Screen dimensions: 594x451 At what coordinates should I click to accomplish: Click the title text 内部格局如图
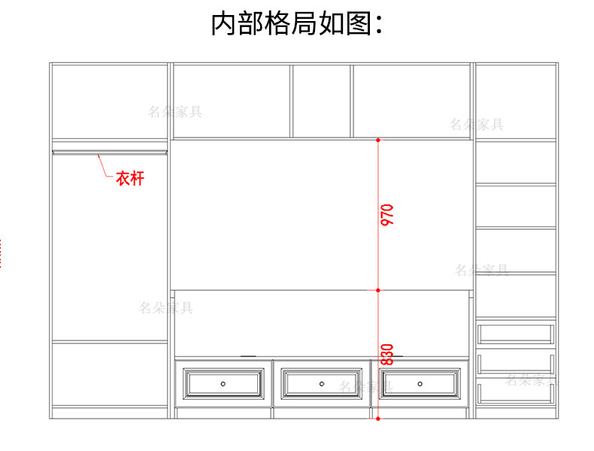pos(296,24)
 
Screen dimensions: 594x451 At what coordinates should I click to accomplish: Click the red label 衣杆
pos(129,179)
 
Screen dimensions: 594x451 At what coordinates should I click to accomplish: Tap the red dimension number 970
pos(387,215)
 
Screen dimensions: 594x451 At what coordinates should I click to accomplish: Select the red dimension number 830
pos(387,354)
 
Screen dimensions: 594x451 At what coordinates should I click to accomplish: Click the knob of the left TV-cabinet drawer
pos(223,383)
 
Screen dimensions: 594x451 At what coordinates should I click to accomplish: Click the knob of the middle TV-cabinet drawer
pos(321,383)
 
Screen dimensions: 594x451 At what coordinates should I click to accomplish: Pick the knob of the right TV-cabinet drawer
pos(419,383)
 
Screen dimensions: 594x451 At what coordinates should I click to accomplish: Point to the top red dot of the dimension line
pos(378,140)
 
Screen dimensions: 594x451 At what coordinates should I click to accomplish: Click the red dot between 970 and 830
pos(378,289)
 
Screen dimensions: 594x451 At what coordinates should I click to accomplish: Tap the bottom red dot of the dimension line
pos(378,419)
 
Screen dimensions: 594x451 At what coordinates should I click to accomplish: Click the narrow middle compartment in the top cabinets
pos(321,101)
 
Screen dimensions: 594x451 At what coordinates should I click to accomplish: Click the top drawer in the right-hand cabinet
pos(516,333)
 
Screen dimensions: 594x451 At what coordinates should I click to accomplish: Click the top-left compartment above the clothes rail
pos(109,101)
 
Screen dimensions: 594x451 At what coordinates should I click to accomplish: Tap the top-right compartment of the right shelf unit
pos(516,101)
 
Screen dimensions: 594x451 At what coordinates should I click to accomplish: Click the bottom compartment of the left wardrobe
pos(109,374)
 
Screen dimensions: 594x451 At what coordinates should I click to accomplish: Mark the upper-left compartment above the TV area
pos(232,101)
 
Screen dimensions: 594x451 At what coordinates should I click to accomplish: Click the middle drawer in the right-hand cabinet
pos(516,363)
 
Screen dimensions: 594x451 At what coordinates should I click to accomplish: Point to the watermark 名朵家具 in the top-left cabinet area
pos(174,112)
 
